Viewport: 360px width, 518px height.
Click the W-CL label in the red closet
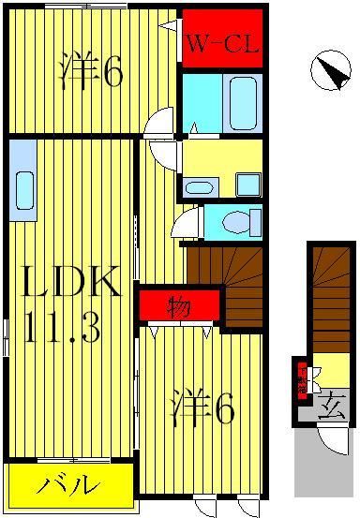pyautogui.click(x=222, y=42)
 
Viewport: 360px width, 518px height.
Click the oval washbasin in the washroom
pyautogui.click(x=200, y=186)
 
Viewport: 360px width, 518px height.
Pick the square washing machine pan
pyautogui.click(x=247, y=184)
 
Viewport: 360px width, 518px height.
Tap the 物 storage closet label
pyautogui.click(x=178, y=306)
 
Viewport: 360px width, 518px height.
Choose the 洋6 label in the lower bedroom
pyautogui.click(x=201, y=408)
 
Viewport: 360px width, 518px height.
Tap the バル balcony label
pyautogui.click(x=68, y=484)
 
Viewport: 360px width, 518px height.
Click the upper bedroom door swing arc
pyautogui.click(x=161, y=122)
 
